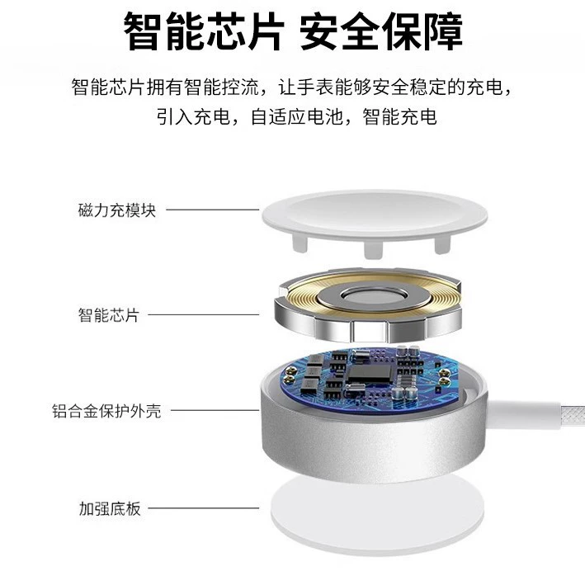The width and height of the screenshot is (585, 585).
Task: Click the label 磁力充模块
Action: pyautogui.click(x=117, y=210)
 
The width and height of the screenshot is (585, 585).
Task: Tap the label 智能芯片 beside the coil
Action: pyautogui.click(x=109, y=315)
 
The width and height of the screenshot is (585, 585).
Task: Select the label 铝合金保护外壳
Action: pyautogui.click(x=106, y=411)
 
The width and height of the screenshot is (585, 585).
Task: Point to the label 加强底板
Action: pyautogui.click(x=110, y=508)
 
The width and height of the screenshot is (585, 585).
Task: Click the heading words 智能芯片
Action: pyautogui.click(x=204, y=31)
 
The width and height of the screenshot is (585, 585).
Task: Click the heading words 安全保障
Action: pyautogui.click(x=381, y=31)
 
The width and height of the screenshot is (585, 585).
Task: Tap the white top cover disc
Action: pyautogui.click(x=375, y=215)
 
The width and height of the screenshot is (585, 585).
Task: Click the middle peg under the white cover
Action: pyautogui.click(x=374, y=249)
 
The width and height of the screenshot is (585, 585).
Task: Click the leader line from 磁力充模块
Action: pyautogui.click(x=212, y=210)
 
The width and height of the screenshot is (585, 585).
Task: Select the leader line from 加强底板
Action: pyautogui.click(x=203, y=507)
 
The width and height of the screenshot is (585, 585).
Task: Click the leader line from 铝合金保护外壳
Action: pyautogui.click(x=215, y=410)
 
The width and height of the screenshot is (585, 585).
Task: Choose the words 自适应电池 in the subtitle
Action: pyautogui.click(x=297, y=117)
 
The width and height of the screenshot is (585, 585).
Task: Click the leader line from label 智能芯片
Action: pyautogui.click(x=203, y=314)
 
